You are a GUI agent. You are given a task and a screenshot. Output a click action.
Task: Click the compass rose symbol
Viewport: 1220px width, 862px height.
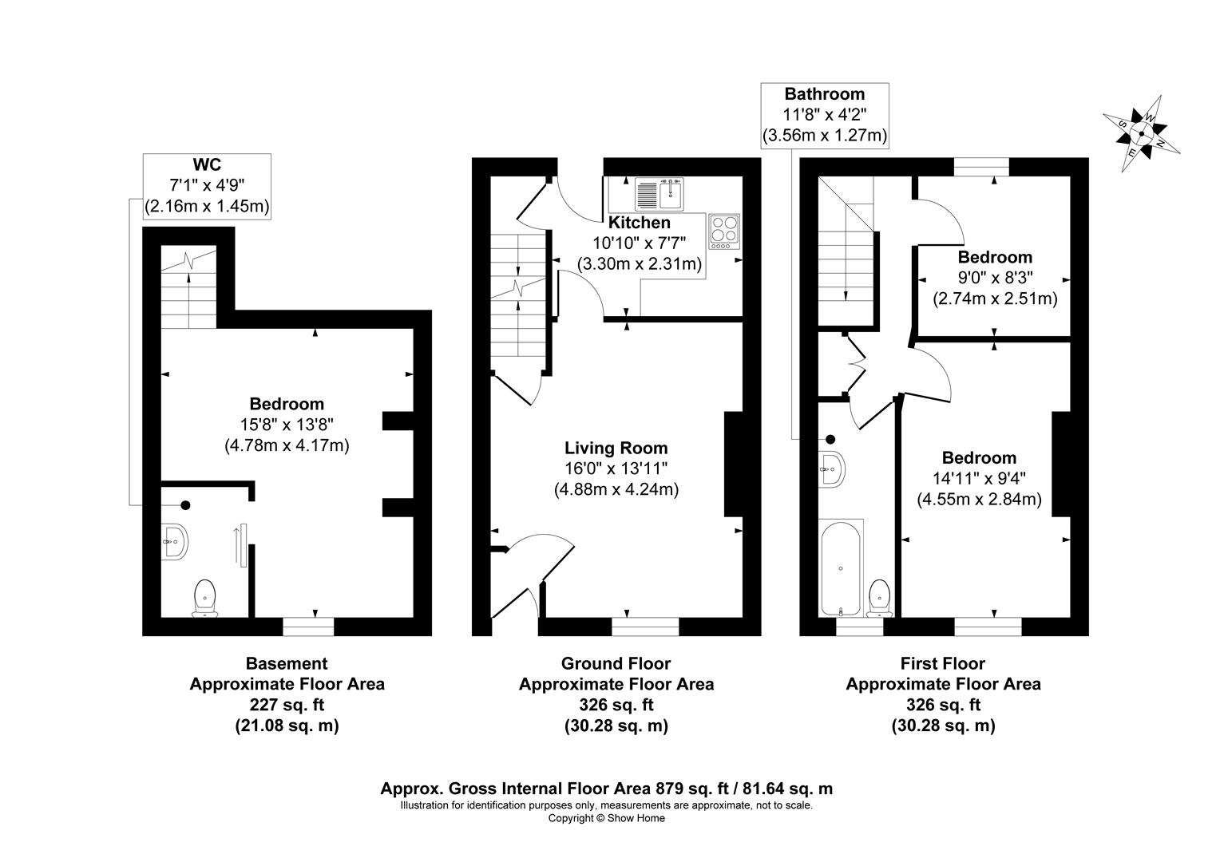tap(1142, 133)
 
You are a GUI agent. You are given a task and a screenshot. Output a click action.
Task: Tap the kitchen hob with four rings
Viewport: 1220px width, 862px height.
tap(724, 231)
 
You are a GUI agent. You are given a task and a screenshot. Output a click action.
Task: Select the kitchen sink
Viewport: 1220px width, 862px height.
tap(659, 195)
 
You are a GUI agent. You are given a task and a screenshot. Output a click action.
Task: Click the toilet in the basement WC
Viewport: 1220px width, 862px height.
tap(204, 599)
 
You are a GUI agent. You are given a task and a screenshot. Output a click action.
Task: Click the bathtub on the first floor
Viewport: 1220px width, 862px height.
tap(841, 568)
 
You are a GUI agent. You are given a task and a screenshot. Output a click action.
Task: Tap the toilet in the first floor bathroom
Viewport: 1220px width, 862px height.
tap(879, 599)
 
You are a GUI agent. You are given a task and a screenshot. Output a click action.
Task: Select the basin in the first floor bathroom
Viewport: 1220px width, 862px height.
tap(832, 469)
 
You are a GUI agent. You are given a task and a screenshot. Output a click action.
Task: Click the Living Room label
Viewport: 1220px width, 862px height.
tap(616, 448)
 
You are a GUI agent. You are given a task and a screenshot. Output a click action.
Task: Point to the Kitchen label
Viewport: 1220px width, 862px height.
tap(639, 222)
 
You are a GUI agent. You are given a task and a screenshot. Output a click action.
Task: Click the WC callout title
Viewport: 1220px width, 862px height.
tap(207, 164)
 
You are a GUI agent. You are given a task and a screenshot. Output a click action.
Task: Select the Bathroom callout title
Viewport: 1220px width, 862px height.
tap(825, 93)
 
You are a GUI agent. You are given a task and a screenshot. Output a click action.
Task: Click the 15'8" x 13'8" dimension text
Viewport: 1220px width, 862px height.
tap(287, 424)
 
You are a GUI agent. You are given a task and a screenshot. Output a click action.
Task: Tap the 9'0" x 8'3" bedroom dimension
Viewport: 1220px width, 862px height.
tap(995, 278)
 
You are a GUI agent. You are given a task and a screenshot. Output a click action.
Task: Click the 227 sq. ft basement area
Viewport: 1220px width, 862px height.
tap(287, 705)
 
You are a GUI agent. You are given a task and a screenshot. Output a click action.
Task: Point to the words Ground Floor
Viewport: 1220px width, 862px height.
tap(616, 663)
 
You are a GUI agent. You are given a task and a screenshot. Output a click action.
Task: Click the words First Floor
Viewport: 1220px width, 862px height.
tap(943, 663)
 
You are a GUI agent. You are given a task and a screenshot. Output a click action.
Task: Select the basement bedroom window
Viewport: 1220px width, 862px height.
tap(308, 627)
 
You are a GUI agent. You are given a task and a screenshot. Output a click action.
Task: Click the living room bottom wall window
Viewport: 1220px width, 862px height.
tap(645, 627)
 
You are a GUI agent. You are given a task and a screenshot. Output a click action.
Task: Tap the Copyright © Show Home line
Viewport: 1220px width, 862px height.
tap(606, 818)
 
